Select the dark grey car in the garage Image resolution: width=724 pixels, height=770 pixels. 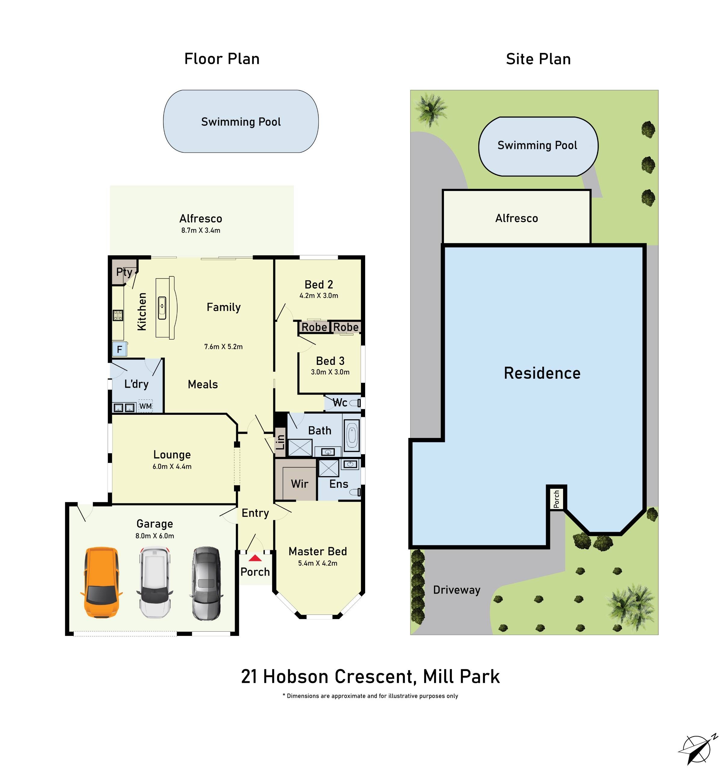206,583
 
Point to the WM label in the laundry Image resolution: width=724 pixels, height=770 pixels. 145,406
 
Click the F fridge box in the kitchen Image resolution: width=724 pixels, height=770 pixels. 119,350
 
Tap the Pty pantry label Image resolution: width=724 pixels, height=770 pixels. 124,272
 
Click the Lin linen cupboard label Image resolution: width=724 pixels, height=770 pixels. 280,442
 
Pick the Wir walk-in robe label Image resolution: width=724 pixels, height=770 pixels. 300,484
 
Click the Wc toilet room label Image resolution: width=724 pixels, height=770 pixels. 340,403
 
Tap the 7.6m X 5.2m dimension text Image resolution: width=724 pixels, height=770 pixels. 223,347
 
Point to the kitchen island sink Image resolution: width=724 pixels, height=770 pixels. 162,308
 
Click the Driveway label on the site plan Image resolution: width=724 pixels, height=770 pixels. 456,590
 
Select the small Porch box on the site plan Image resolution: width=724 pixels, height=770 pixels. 556,499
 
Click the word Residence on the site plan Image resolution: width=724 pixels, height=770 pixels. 542,373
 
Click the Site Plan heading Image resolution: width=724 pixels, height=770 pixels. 538,59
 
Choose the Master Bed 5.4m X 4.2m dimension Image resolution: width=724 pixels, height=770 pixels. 317,563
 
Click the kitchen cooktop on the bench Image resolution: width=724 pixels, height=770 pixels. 118,315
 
